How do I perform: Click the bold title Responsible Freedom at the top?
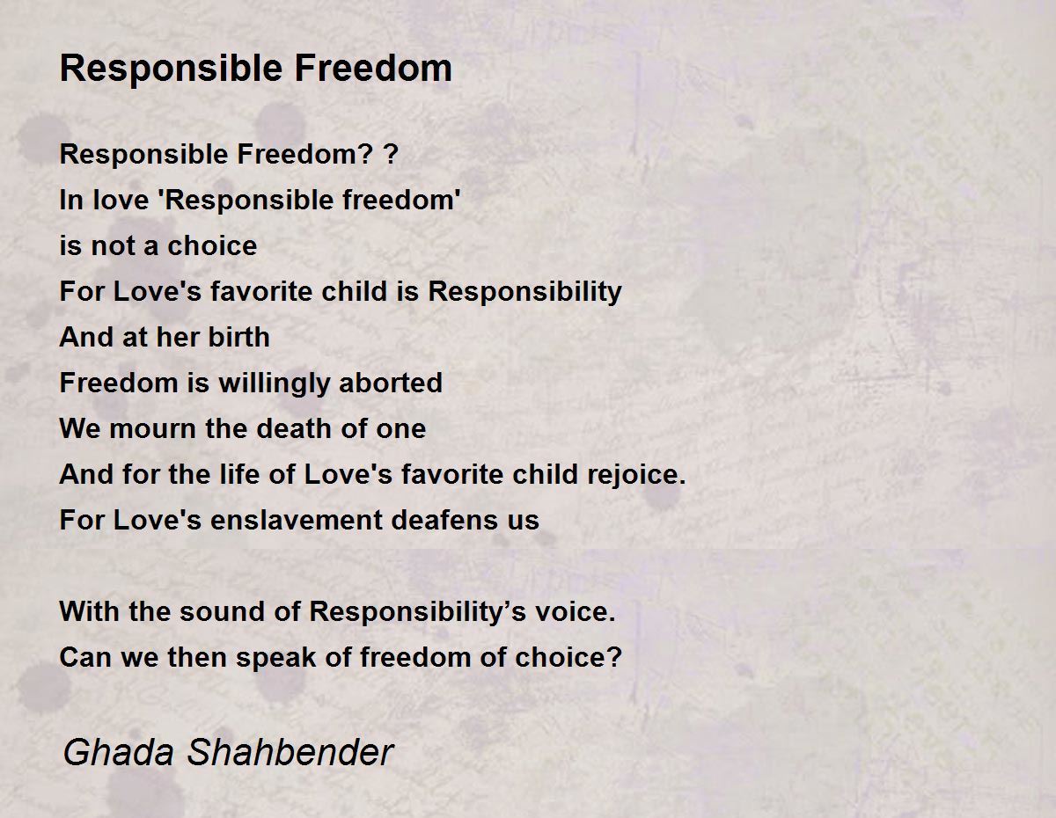coord(256,69)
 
